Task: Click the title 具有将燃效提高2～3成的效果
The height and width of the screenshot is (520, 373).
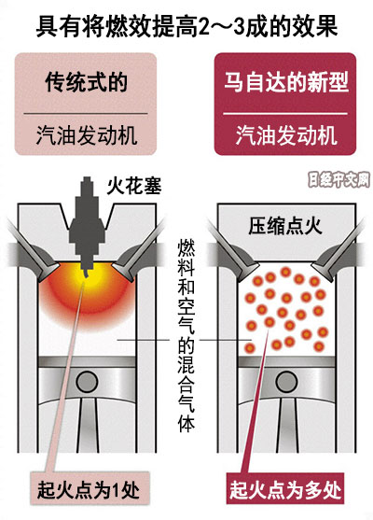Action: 186,26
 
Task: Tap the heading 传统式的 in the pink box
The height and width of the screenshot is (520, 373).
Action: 86,82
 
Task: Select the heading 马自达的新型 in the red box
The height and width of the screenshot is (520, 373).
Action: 286,82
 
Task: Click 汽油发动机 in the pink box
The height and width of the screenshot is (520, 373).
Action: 86,135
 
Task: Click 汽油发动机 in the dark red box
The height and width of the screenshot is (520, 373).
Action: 286,135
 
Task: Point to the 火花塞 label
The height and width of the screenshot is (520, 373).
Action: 134,186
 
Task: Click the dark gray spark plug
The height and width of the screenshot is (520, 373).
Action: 87,226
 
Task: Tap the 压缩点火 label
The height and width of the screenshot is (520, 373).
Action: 285,227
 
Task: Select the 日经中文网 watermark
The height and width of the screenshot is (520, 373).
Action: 338,180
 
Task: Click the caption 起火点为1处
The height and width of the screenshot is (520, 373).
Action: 89,490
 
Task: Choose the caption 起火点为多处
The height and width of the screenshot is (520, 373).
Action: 285,490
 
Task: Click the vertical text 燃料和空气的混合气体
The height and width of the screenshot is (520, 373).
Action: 186,336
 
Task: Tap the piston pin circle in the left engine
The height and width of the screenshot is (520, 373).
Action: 87,382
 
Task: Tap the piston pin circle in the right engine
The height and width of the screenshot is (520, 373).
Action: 286,382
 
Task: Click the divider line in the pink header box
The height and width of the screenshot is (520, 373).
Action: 86,113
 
